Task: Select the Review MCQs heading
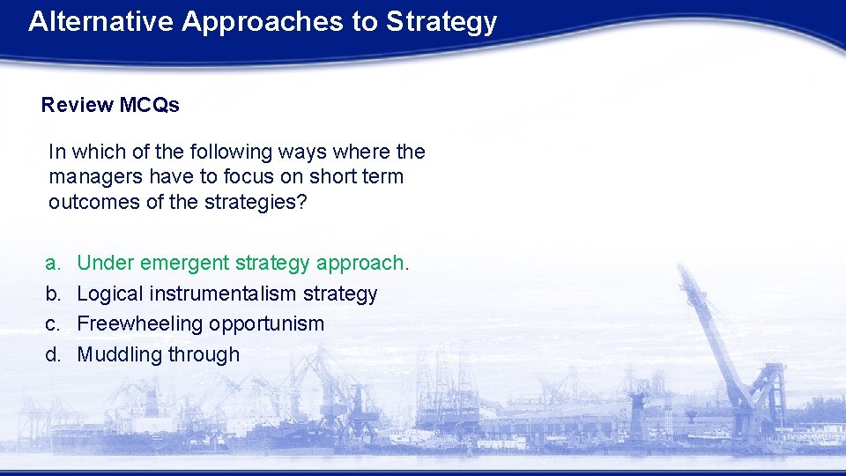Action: point(110,105)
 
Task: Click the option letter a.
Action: point(54,263)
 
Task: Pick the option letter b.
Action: point(54,294)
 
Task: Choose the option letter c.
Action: point(54,324)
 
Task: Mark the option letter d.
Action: point(54,354)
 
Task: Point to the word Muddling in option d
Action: point(115,354)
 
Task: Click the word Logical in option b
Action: point(110,294)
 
